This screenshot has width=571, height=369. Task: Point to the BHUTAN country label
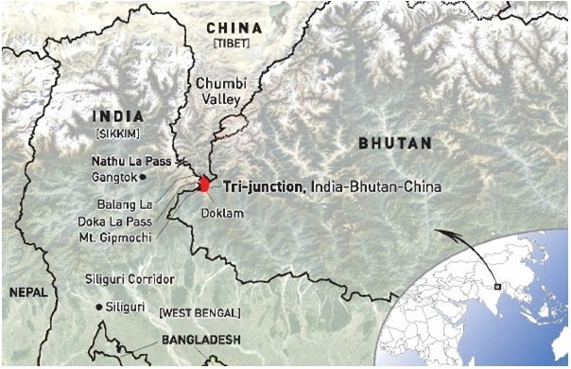pyautogui.click(x=395, y=143)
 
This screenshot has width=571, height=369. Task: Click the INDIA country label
pyautogui.click(x=117, y=115)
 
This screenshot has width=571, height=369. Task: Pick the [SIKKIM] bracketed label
pyautogui.click(x=117, y=132)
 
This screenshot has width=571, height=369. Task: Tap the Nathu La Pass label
pyautogui.click(x=131, y=161)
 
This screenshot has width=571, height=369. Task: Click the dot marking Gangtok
pyautogui.click(x=143, y=177)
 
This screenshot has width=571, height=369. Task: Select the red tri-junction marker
pyautogui.click(x=203, y=184)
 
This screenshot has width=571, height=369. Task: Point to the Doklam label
pyautogui.click(x=223, y=214)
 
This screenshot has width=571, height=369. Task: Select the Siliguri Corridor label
pyautogui.click(x=130, y=279)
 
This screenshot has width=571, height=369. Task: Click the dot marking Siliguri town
pyautogui.click(x=100, y=307)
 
